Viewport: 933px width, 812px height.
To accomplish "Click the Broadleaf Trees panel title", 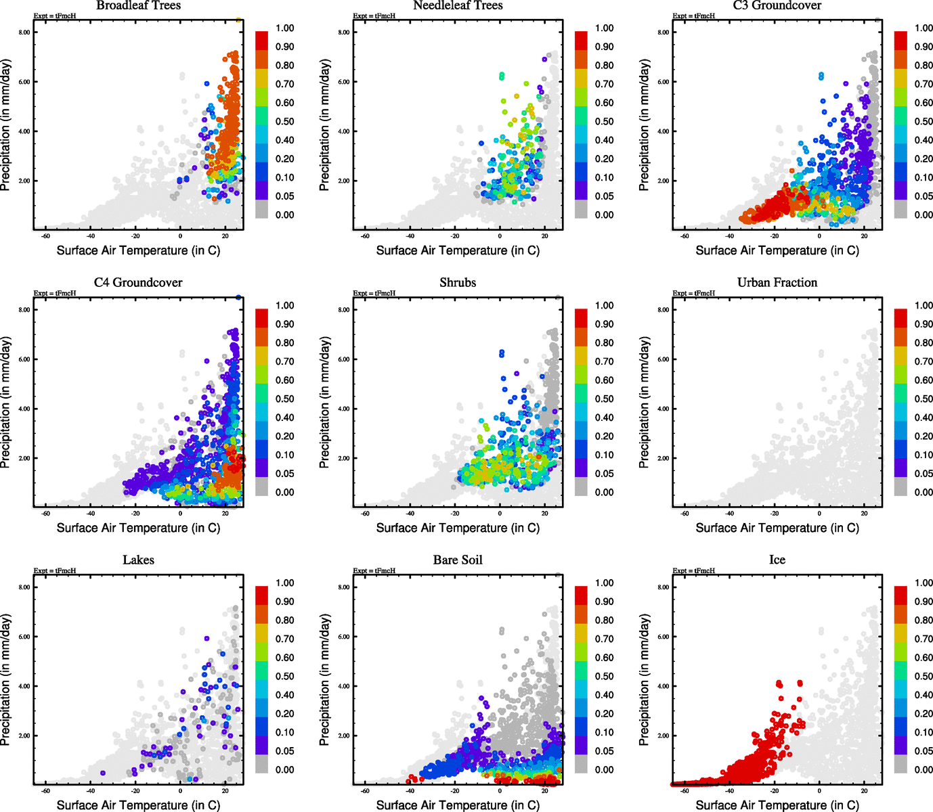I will coord(138,5).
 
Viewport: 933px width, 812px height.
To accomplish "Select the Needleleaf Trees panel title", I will coord(458,5).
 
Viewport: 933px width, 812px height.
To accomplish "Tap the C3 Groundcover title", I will coord(777,5).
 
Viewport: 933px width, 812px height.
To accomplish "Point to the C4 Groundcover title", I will coord(138,283).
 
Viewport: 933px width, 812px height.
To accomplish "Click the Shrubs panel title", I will coord(458,283).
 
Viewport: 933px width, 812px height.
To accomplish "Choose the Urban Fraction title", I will coord(777,283).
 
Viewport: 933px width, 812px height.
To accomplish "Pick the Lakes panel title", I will coord(138,560).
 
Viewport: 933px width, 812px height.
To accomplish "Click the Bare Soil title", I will coord(458,560).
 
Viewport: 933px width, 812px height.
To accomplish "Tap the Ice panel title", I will coord(777,560).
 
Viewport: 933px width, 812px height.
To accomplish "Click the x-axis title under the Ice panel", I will coord(777,805).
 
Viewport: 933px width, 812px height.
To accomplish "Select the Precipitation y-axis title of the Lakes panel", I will coord(6,679).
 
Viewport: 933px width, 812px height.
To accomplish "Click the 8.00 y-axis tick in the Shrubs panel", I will coord(344,310).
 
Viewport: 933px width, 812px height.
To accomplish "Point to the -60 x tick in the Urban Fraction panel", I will coord(685,514).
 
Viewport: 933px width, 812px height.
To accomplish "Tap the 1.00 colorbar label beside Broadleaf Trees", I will coord(284,28).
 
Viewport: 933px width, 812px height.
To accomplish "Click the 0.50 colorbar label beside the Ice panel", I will coord(924,677).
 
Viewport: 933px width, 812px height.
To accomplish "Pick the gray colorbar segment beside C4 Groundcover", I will coord(261,487).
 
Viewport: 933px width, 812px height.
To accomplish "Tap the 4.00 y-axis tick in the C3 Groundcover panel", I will coord(664,131).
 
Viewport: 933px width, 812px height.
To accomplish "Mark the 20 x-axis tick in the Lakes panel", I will coord(225,791).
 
